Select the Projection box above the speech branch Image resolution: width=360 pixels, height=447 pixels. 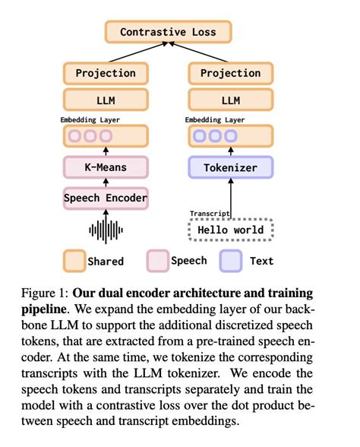[106, 74]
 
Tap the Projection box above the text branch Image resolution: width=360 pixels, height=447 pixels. [230, 74]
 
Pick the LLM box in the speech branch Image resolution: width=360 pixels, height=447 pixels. [106, 100]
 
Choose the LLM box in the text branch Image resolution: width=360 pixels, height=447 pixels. [230, 100]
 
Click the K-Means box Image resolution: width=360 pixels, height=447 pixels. [106, 167]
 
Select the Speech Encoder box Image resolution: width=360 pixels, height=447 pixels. [106, 199]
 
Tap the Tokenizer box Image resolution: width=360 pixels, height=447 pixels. [230, 167]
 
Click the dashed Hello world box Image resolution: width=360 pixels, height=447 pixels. [230, 229]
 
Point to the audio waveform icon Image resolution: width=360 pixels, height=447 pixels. [106, 229]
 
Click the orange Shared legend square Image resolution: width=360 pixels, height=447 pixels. [74, 261]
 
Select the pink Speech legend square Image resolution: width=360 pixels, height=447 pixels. [156, 261]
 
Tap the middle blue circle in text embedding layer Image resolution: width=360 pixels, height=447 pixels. [215, 137]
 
